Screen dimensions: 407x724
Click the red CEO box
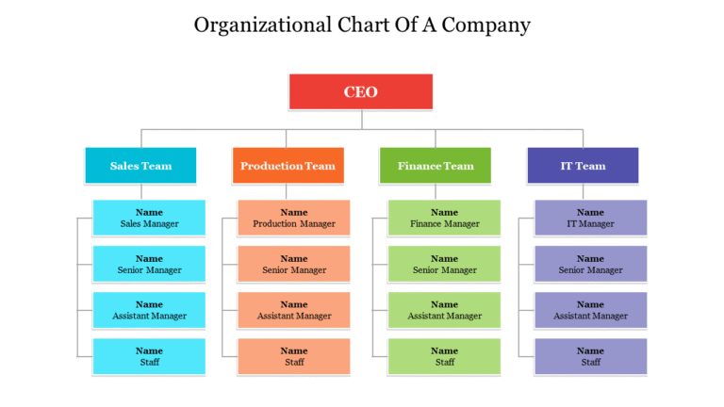click(x=360, y=91)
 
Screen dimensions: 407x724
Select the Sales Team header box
click(x=140, y=166)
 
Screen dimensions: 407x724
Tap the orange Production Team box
click(x=288, y=166)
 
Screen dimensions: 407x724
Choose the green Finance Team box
click(x=435, y=166)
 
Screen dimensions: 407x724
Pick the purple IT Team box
click(x=583, y=166)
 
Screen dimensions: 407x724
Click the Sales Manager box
click(x=149, y=218)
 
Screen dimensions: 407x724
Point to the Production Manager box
click(x=294, y=218)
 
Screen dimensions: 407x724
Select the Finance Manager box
click(x=444, y=218)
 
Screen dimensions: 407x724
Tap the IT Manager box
click(x=590, y=218)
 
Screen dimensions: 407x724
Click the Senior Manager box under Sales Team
click(x=149, y=264)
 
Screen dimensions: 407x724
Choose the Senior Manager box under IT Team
click(x=590, y=264)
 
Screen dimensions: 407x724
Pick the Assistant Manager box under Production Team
click(x=294, y=310)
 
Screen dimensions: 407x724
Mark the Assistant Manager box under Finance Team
click(x=444, y=310)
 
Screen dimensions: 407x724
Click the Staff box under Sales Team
click(x=149, y=356)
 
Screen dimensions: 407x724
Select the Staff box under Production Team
click(x=294, y=356)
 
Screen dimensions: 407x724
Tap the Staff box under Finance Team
click(x=444, y=356)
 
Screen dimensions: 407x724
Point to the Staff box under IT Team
click(x=590, y=356)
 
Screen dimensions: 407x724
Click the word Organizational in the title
click(x=253, y=25)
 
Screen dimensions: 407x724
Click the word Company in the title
click(x=486, y=25)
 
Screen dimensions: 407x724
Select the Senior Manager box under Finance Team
click(x=444, y=264)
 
